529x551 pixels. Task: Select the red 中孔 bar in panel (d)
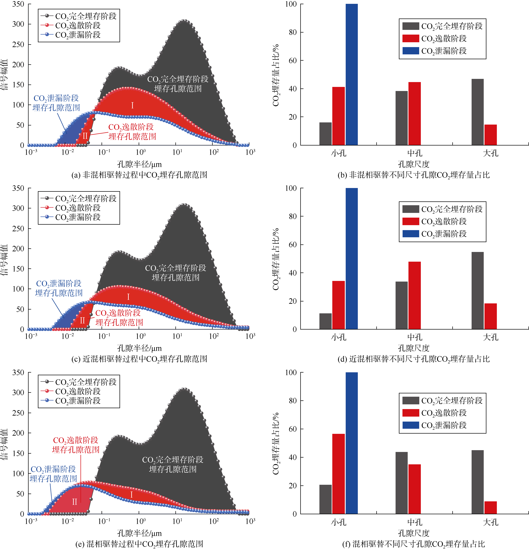pos(414,295)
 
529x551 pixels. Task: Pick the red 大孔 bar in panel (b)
pos(490,135)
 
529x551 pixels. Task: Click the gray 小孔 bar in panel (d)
pos(325,321)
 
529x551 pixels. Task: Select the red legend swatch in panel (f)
pos(410,413)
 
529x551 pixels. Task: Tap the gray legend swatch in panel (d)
pos(410,209)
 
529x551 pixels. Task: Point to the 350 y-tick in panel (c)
pos(18,188)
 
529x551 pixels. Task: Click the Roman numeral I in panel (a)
pos(132,105)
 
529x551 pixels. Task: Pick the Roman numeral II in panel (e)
pos(74,502)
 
